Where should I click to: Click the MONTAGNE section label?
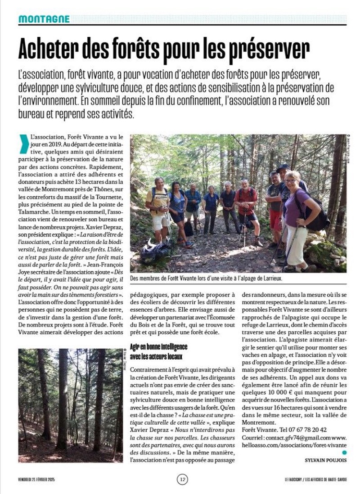click(44, 19)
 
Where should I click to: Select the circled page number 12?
click(182, 479)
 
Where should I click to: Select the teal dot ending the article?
click(344, 452)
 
